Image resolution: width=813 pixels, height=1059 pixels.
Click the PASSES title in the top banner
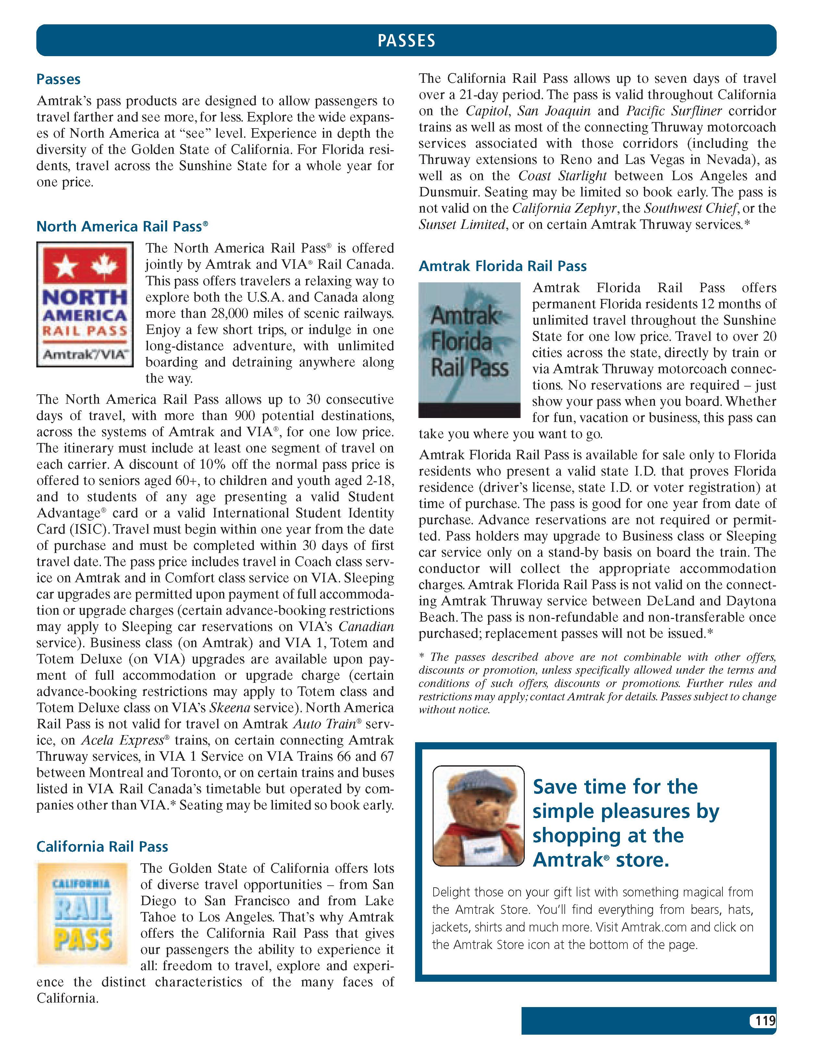406,41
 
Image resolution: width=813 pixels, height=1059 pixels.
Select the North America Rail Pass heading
122,227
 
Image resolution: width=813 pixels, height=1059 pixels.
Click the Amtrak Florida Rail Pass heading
502,266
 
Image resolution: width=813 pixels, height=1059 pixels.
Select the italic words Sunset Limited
462,225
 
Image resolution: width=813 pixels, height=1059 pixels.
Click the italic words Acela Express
122,740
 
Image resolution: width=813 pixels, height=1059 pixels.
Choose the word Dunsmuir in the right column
448,192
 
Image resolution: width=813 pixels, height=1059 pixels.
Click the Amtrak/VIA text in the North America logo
85,354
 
